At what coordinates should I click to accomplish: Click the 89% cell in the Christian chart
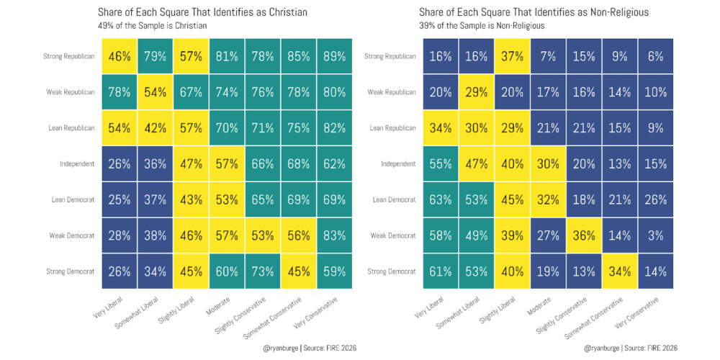[x=334, y=56]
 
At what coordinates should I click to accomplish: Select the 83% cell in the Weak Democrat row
[x=334, y=235]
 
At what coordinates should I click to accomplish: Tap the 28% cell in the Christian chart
[x=120, y=235]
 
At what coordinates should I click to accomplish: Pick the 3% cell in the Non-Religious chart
[x=655, y=235]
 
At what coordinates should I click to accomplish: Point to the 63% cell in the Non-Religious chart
[x=441, y=199]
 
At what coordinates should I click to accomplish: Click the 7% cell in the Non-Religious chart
[x=548, y=56]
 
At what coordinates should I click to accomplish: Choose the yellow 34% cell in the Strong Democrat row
[x=619, y=271]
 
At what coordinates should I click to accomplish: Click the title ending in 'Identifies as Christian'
[x=202, y=12]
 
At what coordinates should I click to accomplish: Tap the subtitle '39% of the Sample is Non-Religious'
[x=481, y=26]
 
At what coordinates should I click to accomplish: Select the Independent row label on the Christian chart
[x=77, y=164]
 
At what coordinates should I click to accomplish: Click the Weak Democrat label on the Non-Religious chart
[x=391, y=235]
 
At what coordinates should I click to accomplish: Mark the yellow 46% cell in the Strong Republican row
[x=120, y=56]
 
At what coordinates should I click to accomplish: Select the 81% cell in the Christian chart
[x=227, y=56]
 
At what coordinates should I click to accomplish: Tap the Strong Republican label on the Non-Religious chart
[x=390, y=56]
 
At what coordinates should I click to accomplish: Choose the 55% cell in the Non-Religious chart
[x=441, y=164]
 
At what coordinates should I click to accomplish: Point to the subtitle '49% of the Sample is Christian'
[x=153, y=26]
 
